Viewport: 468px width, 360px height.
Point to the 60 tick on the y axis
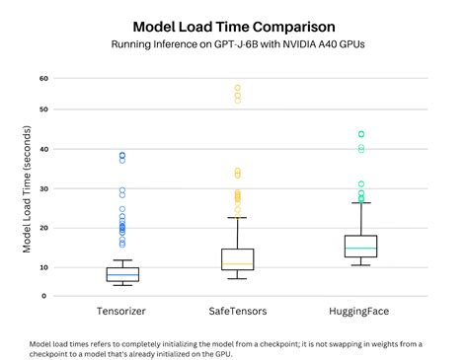pos(43,79)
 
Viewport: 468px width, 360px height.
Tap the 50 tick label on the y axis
pos(43,109)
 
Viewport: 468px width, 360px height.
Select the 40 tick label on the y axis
pos(43,149)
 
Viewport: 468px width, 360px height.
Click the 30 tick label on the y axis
pos(43,188)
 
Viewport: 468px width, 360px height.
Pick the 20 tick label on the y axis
pos(43,228)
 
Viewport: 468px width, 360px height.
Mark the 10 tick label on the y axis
pos(43,267)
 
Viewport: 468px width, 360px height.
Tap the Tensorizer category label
pos(122,311)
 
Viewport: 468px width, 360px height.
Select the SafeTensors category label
pos(237,311)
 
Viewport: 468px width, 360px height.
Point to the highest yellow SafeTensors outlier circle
pos(237,88)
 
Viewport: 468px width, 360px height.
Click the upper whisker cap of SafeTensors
pos(237,218)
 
